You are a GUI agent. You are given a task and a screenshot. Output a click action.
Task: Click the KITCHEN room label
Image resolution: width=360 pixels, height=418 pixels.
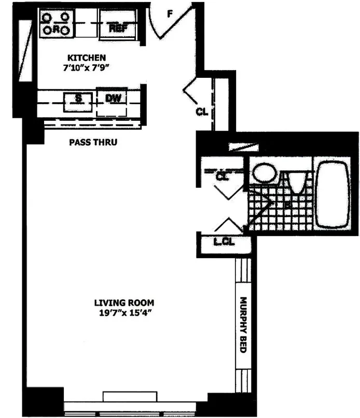tap(87, 57)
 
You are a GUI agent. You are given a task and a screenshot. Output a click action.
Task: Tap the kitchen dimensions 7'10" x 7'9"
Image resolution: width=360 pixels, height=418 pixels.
tap(87, 66)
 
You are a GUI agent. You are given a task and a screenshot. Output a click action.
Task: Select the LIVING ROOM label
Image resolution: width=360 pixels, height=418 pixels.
tap(124, 303)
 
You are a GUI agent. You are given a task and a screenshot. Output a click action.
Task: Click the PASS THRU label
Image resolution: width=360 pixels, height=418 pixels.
tap(93, 142)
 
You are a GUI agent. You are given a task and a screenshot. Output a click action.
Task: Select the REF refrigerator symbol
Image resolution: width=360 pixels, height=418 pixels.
tap(118, 27)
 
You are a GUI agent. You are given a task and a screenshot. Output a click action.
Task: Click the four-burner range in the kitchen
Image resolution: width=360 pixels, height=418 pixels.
tap(56, 24)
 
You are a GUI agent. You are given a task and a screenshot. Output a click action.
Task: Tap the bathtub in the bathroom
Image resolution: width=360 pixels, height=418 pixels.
tap(333, 194)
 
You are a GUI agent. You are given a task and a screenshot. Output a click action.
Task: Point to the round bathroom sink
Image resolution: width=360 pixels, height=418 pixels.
tap(265, 173)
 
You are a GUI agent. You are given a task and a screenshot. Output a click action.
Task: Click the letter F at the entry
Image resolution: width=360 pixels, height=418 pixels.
tap(169, 14)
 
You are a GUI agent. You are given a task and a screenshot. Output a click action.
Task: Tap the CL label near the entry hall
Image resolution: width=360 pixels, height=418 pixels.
tap(202, 112)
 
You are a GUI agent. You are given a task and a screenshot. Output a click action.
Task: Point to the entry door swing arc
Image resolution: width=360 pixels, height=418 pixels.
tap(161, 23)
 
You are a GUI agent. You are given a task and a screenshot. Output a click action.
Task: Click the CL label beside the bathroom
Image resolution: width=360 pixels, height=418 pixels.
tap(222, 176)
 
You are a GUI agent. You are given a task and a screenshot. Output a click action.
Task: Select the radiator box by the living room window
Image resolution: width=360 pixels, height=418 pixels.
tap(130, 396)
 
